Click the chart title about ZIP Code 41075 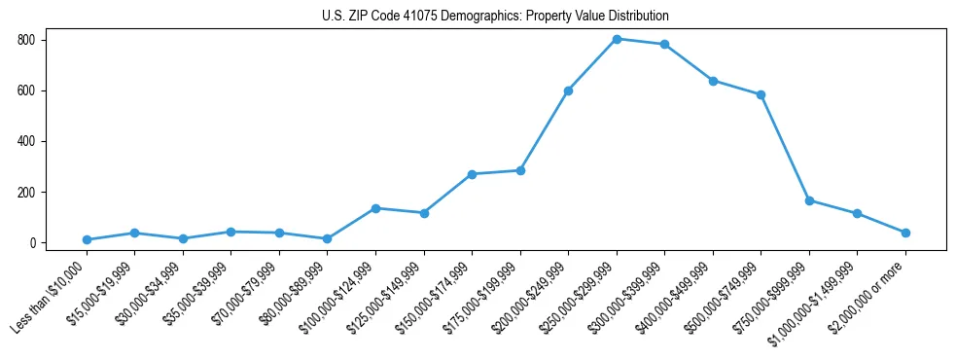pos(495,17)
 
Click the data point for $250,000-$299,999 pos(617,39)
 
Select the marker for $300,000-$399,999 pos(664,44)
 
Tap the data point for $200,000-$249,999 pos(568,90)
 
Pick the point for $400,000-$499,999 pos(713,81)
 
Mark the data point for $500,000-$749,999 pos(761,94)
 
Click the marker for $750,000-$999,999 pos(809,200)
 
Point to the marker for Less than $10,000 pos(87,239)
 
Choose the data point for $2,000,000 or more pos(905,233)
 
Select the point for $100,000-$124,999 pos(375,208)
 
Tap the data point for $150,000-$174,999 pos(472,174)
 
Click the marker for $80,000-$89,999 pos(328,238)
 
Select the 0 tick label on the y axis pos(32,242)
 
